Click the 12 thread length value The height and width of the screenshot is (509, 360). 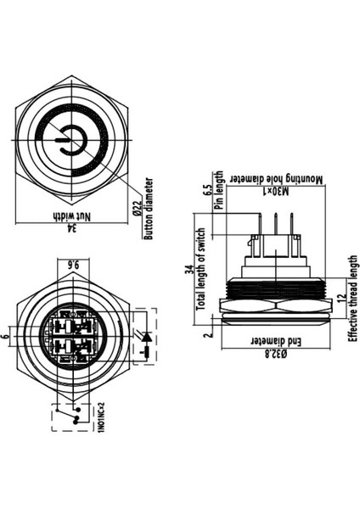pos(341,299)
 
